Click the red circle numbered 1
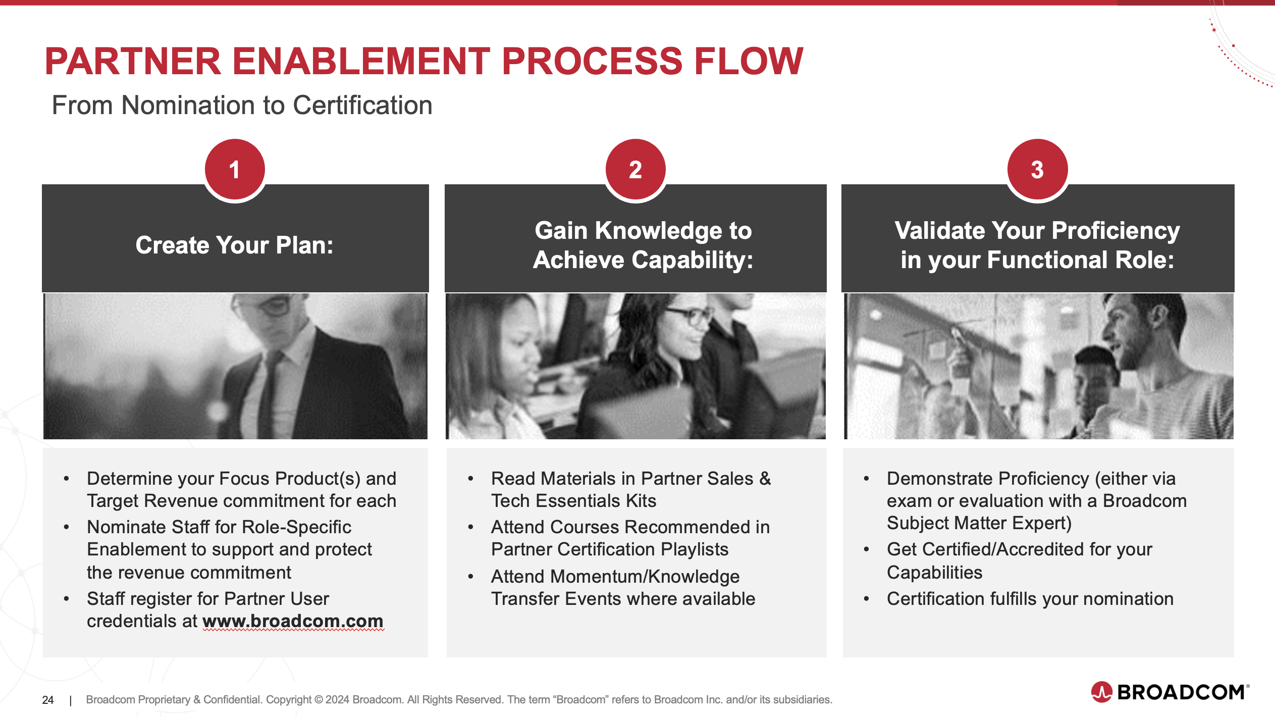coord(235,169)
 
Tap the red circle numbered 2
coord(635,169)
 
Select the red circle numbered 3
coord(1037,169)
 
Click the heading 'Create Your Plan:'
coord(235,245)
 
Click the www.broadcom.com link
coord(293,621)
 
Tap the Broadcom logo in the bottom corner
coord(1170,692)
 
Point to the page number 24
coord(48,700)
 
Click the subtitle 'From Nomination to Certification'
coord(242,105)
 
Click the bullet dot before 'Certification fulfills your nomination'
coord(866,599)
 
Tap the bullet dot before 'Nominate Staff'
coord(66,527)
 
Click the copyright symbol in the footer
coord(318,700)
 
